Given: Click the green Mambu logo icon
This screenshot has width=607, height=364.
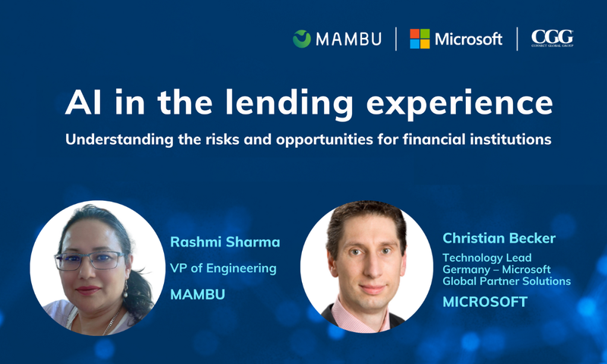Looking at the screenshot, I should click(x=302, y=39).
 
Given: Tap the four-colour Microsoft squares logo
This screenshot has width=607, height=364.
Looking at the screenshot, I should click(x=420, y=39).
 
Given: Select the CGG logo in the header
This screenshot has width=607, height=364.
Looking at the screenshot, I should click(x=552, y=38).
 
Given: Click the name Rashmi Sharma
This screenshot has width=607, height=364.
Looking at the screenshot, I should click(x=225, y=243).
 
